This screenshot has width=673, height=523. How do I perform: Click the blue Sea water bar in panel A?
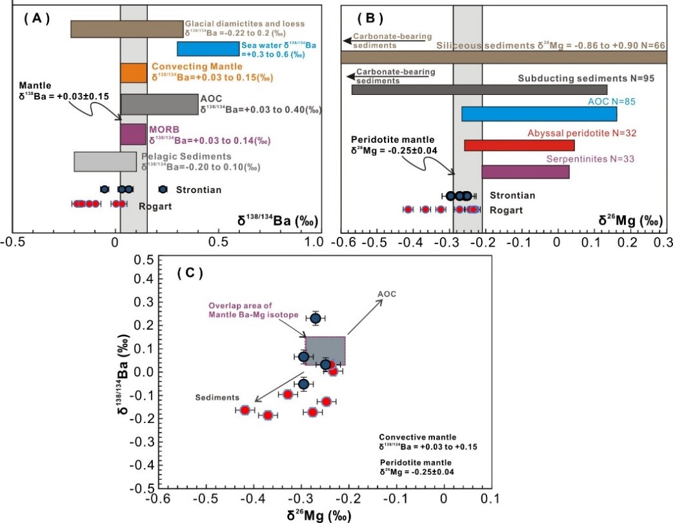pos(208,48)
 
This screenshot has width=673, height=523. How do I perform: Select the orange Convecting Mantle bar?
pos(134,72)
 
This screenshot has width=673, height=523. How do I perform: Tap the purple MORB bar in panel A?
pos(133,134)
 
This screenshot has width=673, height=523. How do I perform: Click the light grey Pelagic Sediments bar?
pos(105,161)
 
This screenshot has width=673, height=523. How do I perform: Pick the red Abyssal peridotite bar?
pos(519,145)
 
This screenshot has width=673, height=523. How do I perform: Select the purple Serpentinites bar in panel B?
pos(525,171)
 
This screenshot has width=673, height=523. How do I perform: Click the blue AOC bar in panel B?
pos(539,114)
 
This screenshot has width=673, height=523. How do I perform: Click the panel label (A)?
pos(37,18)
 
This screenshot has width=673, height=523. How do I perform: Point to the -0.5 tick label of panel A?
pos(11,242)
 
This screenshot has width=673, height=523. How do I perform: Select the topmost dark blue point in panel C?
pos(316,318)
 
